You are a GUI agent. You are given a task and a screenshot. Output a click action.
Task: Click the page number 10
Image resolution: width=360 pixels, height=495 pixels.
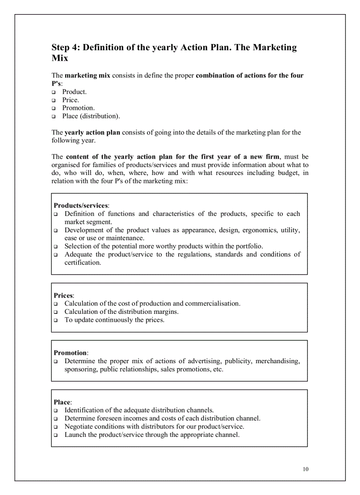(306, 469)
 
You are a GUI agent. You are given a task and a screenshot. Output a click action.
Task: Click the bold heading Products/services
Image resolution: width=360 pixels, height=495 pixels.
(81, 205)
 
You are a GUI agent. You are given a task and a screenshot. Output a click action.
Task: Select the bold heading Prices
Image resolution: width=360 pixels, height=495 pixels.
(63, 295)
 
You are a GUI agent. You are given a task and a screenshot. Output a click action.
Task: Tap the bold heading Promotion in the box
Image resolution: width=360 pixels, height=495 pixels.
(70, 353)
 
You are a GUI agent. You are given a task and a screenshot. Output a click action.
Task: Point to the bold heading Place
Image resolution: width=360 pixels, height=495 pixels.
(62, 402)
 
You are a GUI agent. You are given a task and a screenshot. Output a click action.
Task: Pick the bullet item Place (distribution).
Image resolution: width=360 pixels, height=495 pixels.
(91, 116)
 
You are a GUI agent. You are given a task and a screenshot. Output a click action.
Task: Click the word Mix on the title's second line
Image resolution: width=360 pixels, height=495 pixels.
(60, 58)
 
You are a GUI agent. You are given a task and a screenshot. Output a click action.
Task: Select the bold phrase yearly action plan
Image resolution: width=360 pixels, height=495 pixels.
(92, 132)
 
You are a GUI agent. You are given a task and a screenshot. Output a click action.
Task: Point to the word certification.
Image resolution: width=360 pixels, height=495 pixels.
(82, 263)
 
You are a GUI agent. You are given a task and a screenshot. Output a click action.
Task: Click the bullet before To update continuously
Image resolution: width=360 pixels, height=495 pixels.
(56, 320)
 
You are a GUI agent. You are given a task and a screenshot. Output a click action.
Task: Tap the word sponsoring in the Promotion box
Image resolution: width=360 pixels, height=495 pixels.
(81, 369)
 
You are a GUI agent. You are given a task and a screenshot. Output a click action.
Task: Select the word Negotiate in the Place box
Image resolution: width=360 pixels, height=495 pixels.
(80, 426)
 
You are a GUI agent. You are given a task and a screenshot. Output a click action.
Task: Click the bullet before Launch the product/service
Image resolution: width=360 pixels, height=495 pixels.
(56, 435)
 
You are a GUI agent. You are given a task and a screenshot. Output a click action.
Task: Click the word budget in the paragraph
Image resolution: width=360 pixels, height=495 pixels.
(288, 173)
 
